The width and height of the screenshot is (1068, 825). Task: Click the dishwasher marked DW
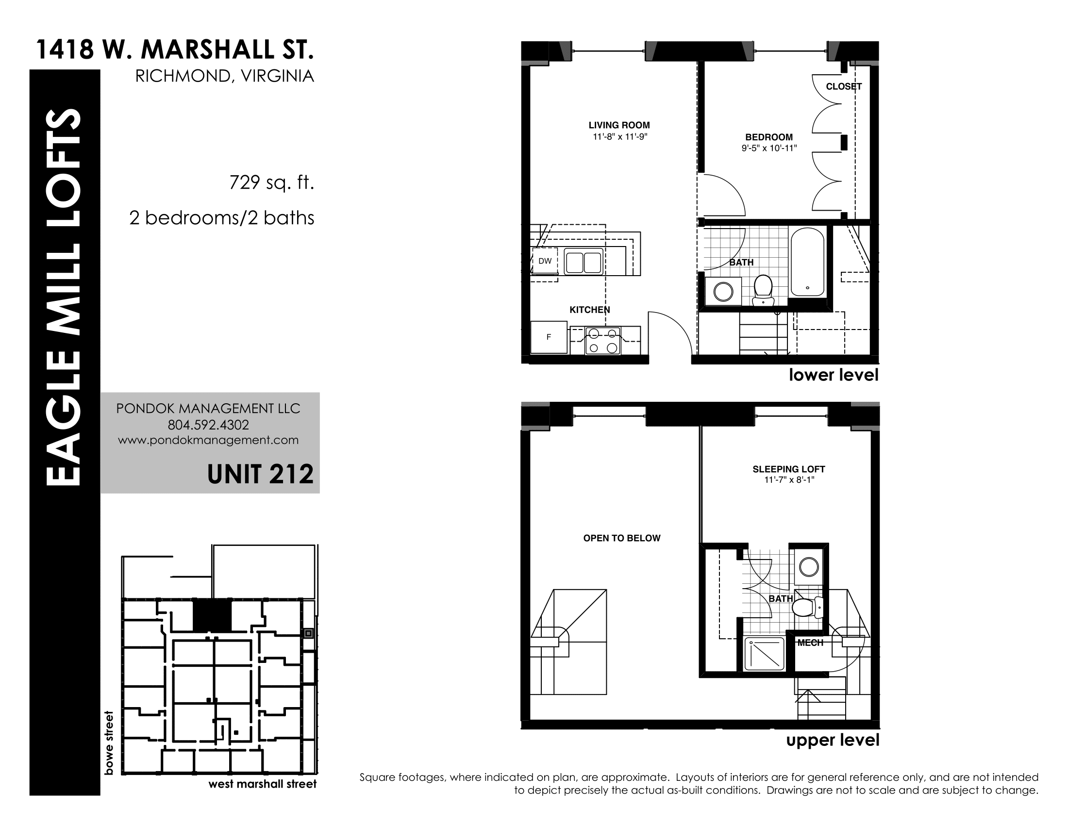click(545, 261)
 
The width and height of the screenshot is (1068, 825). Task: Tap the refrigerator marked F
click(549, 337)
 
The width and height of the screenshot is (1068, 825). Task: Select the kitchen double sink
click(584, 262)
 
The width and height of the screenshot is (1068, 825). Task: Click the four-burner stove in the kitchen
click(603, 341)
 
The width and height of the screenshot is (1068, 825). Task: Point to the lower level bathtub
click(807, 262)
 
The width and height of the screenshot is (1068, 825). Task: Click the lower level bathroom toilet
click(762, 289)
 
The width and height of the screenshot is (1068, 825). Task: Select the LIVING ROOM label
click(619, 125)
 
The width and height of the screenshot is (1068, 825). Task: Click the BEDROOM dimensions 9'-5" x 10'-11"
click(769, 148)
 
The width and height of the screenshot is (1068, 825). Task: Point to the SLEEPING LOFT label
click(789, 469)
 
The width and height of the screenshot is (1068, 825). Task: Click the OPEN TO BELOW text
click(621, 538)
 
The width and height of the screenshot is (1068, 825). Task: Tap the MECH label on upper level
click(810, 643)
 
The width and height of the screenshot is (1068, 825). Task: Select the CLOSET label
click(844, 86)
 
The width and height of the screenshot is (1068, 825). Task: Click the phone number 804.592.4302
click(208, 425)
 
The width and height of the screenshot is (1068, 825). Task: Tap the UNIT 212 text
click(260, 474)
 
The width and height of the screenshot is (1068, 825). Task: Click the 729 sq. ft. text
click(271, 183)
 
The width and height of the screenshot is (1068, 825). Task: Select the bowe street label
click(109, 743)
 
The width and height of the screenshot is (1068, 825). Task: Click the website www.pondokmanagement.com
click(208, 440)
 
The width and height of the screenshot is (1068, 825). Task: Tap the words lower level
click(834, 375)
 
